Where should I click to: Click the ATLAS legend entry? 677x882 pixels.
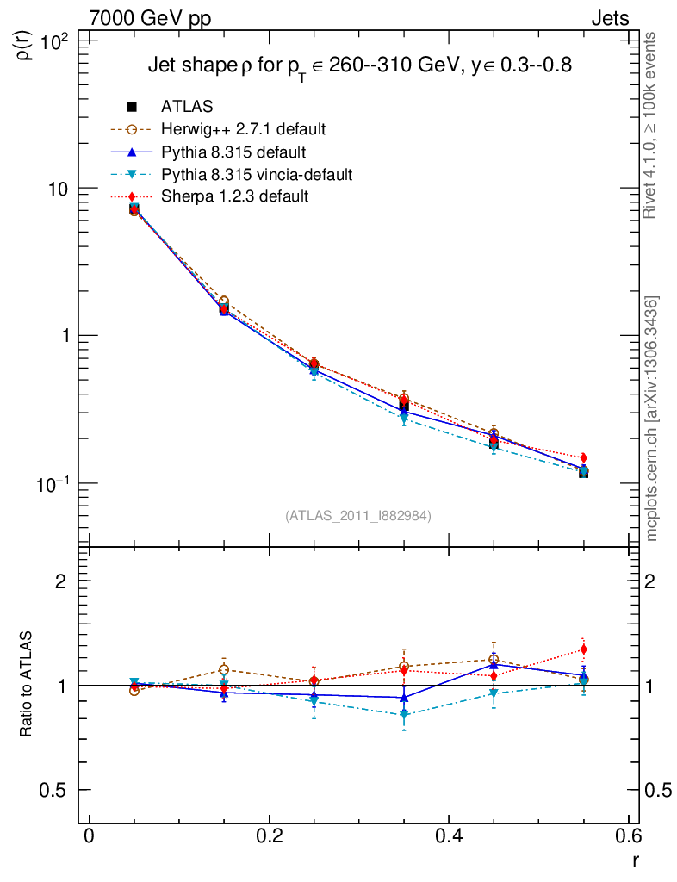(x=187, y=107)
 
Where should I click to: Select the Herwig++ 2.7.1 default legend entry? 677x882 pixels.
(x=243, y=129)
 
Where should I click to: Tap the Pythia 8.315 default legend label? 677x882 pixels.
(x=233, y=152)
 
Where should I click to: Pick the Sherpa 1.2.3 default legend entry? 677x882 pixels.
(x=235, y=197)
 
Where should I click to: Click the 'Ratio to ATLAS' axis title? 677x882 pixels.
(x=26, y=686)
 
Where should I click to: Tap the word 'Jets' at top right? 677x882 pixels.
(x=609, y=18)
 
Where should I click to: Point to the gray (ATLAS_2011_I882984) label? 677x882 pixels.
(x=358, y=516)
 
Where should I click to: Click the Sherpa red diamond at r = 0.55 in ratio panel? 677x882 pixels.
(x=583, y=649)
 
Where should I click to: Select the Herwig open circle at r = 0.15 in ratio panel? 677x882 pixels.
(x=224, y=669)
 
